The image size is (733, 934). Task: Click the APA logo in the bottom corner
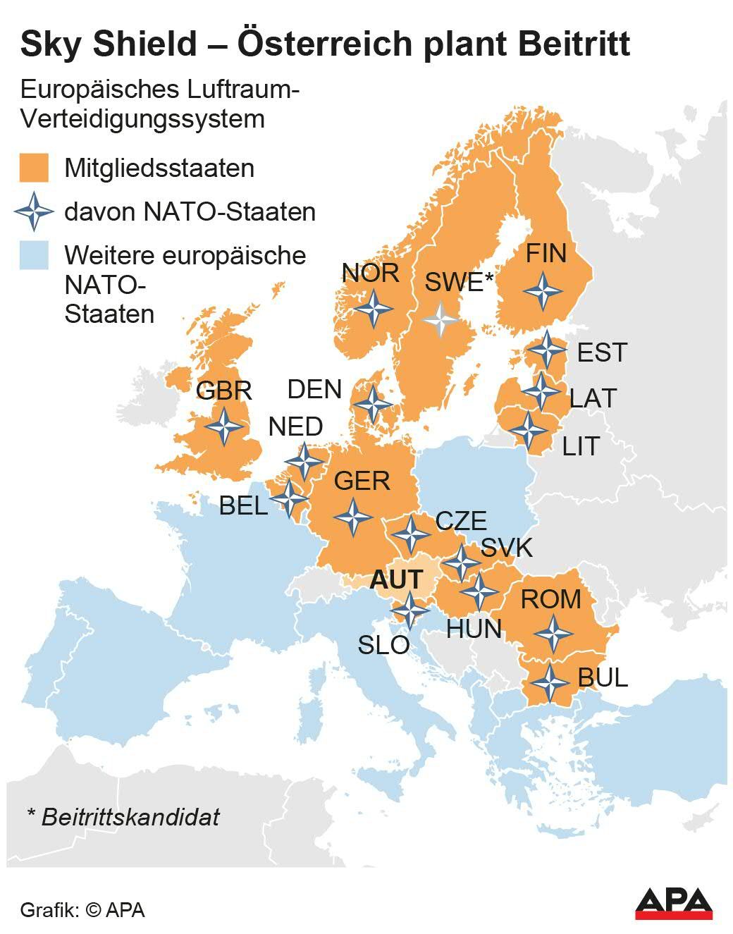(673, 903)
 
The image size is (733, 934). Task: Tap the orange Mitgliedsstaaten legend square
(34, 168)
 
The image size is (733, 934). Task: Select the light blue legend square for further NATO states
(34, 255)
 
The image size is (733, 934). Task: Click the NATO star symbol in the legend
(34, 211)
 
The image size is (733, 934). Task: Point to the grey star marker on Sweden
(441, 319)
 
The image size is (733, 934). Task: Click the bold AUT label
(396, 579)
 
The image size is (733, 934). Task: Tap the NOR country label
(370, 273)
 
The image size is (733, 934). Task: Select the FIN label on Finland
(546, 253)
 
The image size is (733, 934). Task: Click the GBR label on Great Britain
(223, 391)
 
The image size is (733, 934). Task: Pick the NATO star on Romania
(553, 633)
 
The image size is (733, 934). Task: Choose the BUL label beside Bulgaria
(602, 677)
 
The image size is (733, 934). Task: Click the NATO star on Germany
(353, 517)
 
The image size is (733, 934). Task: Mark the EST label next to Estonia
(601, 352)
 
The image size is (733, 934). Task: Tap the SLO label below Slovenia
(383, 644)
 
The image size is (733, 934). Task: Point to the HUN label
(474, 629)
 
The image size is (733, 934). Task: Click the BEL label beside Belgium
(243, 505)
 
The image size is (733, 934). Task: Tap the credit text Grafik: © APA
(82, 909)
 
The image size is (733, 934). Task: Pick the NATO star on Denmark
(372, 404)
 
